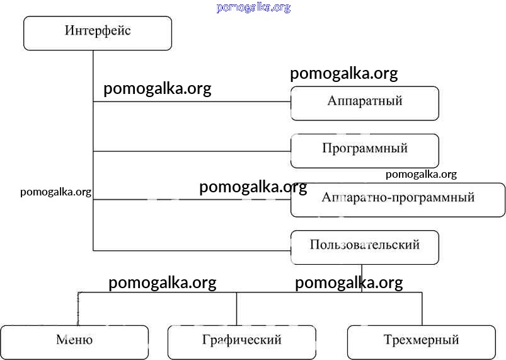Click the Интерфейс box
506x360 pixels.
pyautogui.click(x=98, y=33)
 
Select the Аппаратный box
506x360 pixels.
pyautogui.click(x=364, y=103)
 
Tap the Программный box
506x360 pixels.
pyautogui.click(x=364, y=150)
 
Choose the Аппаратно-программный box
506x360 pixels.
pyautogui.click(x=398, y=200)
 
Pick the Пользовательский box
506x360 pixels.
pyautogui.click(x=364, y=247)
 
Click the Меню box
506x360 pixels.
pyautogui.click(x=74, y=342)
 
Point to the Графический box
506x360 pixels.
pyautogui.click(x=241, y=342)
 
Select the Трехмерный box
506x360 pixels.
pyautogui.click(x=421, y=342)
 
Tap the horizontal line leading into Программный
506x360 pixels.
pyautogui.click(x=189, y=151)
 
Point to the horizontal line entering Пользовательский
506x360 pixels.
pyautogui.click(x=189, y=250)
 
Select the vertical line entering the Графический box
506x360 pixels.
pyautogui.click(x=236, y=309)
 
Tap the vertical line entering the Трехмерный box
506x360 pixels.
pyautogui.click(x=422, y=309)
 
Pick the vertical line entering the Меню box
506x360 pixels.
pyautogui.click(x=78, y=309)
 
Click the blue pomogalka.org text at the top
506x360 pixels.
pyautogui.click(x=253, y=8)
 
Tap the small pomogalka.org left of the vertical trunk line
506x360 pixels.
pyautogui.click(x=55, y=192)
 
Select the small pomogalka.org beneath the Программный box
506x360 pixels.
pyautogui.click(x=421, y=175)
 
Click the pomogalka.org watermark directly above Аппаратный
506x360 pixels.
pyautogui.click(x=344, y=74)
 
